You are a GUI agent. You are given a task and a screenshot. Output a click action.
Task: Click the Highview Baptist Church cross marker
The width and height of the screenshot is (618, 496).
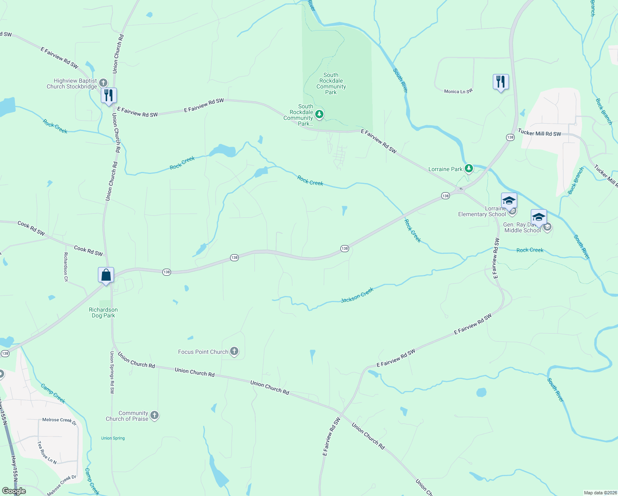pos(103,83)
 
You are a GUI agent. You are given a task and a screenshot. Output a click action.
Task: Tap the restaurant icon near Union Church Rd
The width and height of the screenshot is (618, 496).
pos(109,95)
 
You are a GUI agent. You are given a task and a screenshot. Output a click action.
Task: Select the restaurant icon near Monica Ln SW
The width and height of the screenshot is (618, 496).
pos(500,82)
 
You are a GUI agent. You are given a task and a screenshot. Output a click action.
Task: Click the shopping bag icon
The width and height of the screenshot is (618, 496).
pos(106,275)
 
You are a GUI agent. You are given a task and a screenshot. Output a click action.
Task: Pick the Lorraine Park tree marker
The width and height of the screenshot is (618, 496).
pos(468,169)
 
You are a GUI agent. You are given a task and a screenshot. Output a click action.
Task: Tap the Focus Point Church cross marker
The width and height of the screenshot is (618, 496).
pos(234,352)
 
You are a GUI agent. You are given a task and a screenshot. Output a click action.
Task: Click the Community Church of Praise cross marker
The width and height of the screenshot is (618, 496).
pos(154,415)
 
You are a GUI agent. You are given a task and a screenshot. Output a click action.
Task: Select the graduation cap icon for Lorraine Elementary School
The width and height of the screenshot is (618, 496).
pos(509,201)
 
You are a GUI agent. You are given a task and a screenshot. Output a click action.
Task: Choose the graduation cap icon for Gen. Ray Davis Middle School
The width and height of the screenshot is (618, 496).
pos(539,217)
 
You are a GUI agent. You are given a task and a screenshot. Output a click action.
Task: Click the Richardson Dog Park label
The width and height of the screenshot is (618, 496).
pos(103,312)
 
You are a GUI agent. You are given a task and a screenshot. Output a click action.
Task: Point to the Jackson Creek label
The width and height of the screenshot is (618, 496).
pos(357,295)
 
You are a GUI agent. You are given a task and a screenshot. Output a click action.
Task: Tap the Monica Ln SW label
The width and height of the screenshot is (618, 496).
pos(458,91)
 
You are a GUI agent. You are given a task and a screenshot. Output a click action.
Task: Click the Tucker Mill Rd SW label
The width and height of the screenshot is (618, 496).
pos(540,133)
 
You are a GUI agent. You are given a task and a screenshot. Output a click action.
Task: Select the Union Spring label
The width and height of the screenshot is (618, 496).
pos(113,438)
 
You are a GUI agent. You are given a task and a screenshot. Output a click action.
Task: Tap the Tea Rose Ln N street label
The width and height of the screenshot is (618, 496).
pos(47,452)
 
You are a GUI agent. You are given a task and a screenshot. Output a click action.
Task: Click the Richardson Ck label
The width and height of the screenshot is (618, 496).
pos(66,267)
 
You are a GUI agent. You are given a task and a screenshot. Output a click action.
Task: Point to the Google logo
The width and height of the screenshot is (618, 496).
pos(14,491)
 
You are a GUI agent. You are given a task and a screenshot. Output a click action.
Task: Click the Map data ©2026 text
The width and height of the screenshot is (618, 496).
pos(600,493)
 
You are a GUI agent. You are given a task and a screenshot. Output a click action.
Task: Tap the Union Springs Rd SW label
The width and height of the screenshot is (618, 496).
pos(112,372)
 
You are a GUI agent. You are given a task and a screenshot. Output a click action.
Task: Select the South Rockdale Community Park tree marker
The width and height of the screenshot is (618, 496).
pos(319,114)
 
